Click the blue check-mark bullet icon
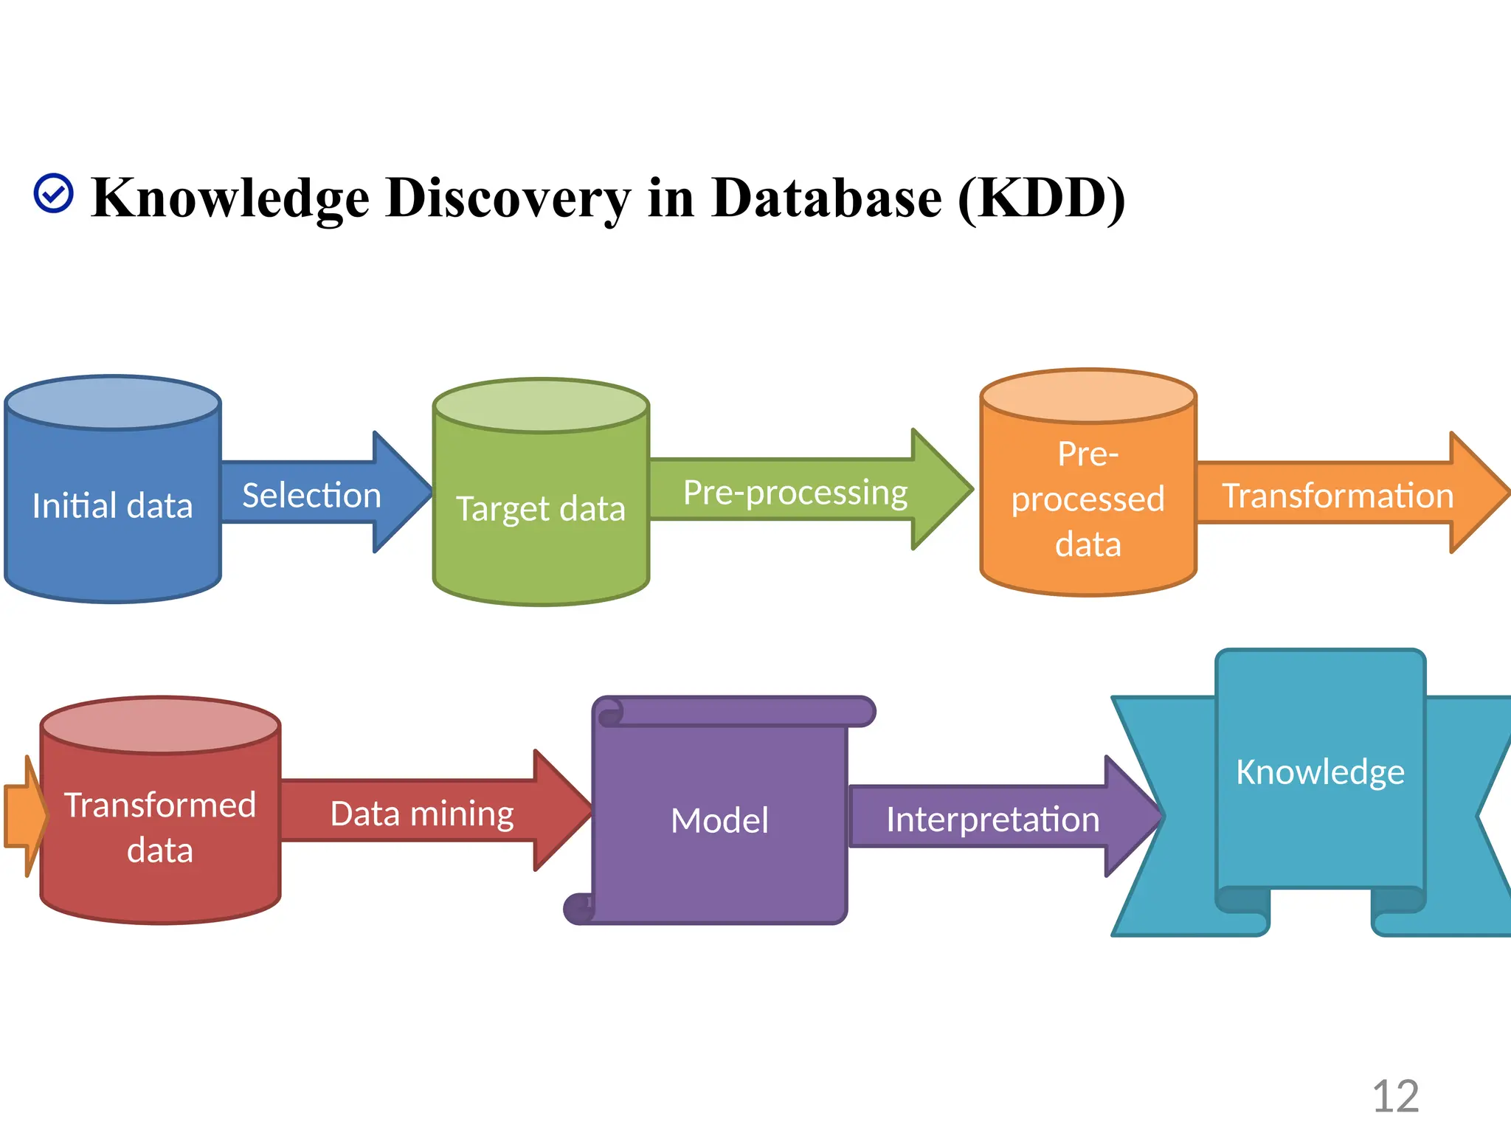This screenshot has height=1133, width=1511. point(54,193)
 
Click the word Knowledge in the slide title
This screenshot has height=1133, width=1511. point(230,198)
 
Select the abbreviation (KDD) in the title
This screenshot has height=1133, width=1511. point(1041,198)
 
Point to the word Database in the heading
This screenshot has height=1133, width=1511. point(826,198)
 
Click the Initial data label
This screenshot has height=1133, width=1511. point(112,506)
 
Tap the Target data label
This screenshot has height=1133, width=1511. point(541,509)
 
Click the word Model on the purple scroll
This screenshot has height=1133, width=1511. point(719,820)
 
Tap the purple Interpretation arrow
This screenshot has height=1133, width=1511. point(993,819)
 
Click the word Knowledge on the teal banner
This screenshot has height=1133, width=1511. point(1320,772)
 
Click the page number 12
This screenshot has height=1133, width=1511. point(1395,1096)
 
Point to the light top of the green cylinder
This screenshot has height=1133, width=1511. point(541,405)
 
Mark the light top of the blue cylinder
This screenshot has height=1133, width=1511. point(113,403)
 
